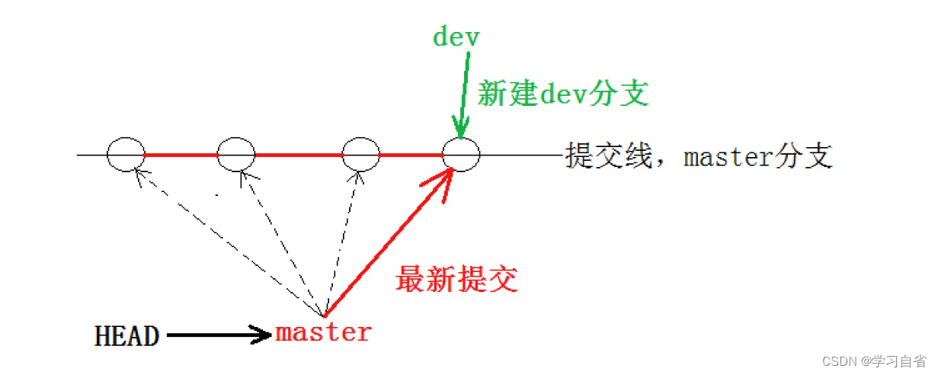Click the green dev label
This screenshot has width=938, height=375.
(456, 37)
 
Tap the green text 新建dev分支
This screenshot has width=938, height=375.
(562, 94)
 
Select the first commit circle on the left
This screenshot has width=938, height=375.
(125, 155)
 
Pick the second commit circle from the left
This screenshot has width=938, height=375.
(236, 155)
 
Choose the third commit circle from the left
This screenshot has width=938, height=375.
(361, 155)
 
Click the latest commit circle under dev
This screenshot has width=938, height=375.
(462, 155)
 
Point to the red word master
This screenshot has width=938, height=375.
(323, 333)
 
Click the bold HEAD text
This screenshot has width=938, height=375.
(127, 335)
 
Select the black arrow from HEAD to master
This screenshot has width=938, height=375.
(217, 335)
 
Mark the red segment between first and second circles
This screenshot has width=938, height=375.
(181, 155)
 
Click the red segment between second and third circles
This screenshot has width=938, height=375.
(299, 155)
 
